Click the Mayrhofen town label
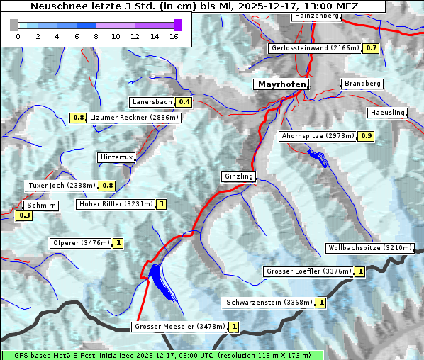[x=281, y=84]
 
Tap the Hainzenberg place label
[x=316, y=16]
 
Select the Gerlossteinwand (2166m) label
[x=314, y=48]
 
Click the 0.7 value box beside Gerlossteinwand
[x=371, y=48]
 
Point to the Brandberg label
[x=362, y=84]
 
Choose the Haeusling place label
[x=387, y=113]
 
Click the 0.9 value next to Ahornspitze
[x=365, y=135]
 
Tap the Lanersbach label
[x=152, y=102]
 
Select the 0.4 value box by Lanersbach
[x=184, y=102]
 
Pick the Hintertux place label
[x=116, y=157]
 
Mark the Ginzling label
[x=238, y=176]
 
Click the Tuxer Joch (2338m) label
[x=62, y=186]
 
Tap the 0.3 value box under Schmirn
[x=24, y=215]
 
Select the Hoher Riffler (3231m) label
[x=116, y=204]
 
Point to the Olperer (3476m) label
[x=82, y=243]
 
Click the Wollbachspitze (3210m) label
[x=369, y=248]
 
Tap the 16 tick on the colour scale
[x=174, y=36]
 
